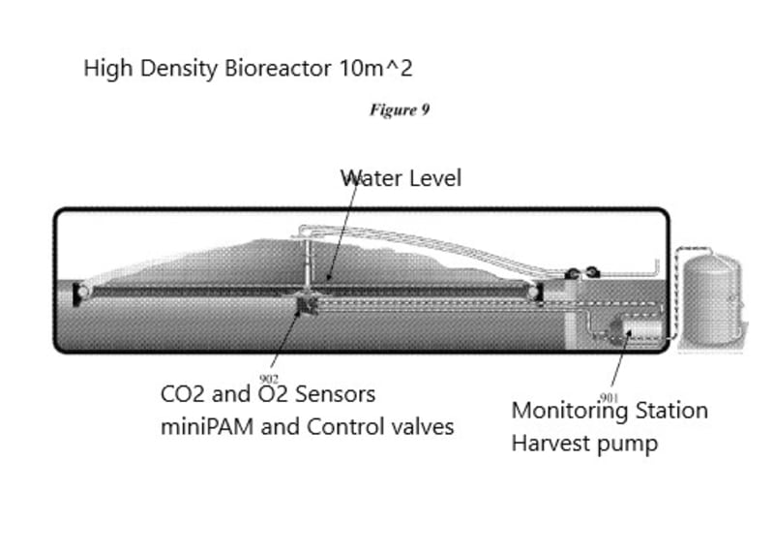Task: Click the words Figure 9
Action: [399, 109]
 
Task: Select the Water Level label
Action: [401, 178]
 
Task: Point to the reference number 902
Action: [270, 379]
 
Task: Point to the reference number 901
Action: [609, 397]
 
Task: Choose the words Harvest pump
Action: [584, 444]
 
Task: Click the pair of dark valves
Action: [582, 273]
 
